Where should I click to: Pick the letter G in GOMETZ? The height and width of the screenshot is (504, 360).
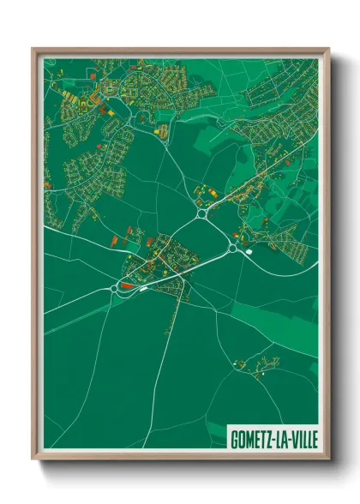(234, 437)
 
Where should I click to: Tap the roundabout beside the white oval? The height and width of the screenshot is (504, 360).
(231, 248)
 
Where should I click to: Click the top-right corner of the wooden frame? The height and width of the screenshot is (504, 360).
(327, 50)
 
